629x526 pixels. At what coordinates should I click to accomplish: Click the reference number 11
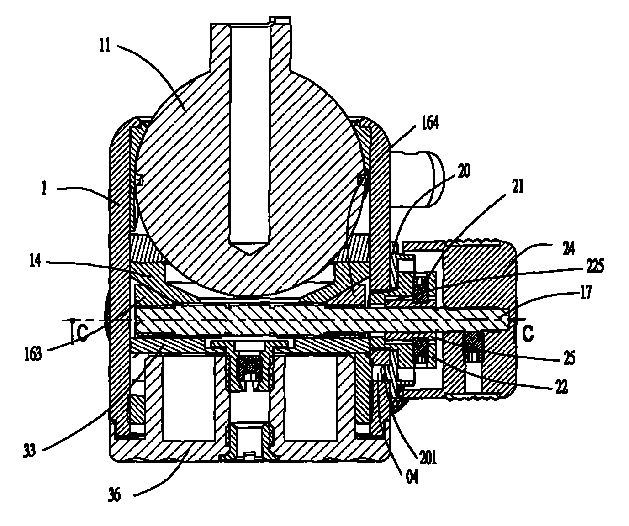pos(105,47)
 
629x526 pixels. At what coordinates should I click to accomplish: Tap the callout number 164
pos(429,123)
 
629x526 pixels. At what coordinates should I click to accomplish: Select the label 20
pos(464,171)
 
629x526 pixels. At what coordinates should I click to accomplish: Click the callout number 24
pos(568,248)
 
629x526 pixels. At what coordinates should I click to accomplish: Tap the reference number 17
pos(586,292)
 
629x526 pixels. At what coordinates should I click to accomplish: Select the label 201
pos(428,458)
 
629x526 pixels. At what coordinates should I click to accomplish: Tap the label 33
pos(30,451)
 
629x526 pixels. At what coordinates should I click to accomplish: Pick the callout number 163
pos(33,354)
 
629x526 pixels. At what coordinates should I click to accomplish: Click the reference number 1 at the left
pos(44,189)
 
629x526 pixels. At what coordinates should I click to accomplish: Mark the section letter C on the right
pos(528,334)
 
